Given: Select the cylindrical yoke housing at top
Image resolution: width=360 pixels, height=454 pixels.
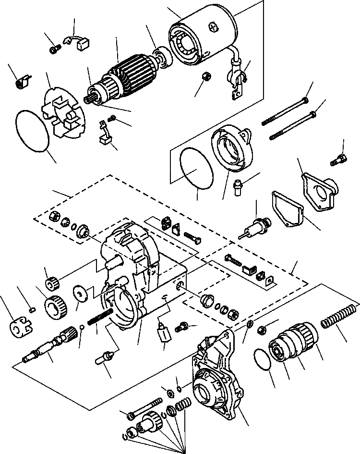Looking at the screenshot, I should [x=202, y=36].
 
